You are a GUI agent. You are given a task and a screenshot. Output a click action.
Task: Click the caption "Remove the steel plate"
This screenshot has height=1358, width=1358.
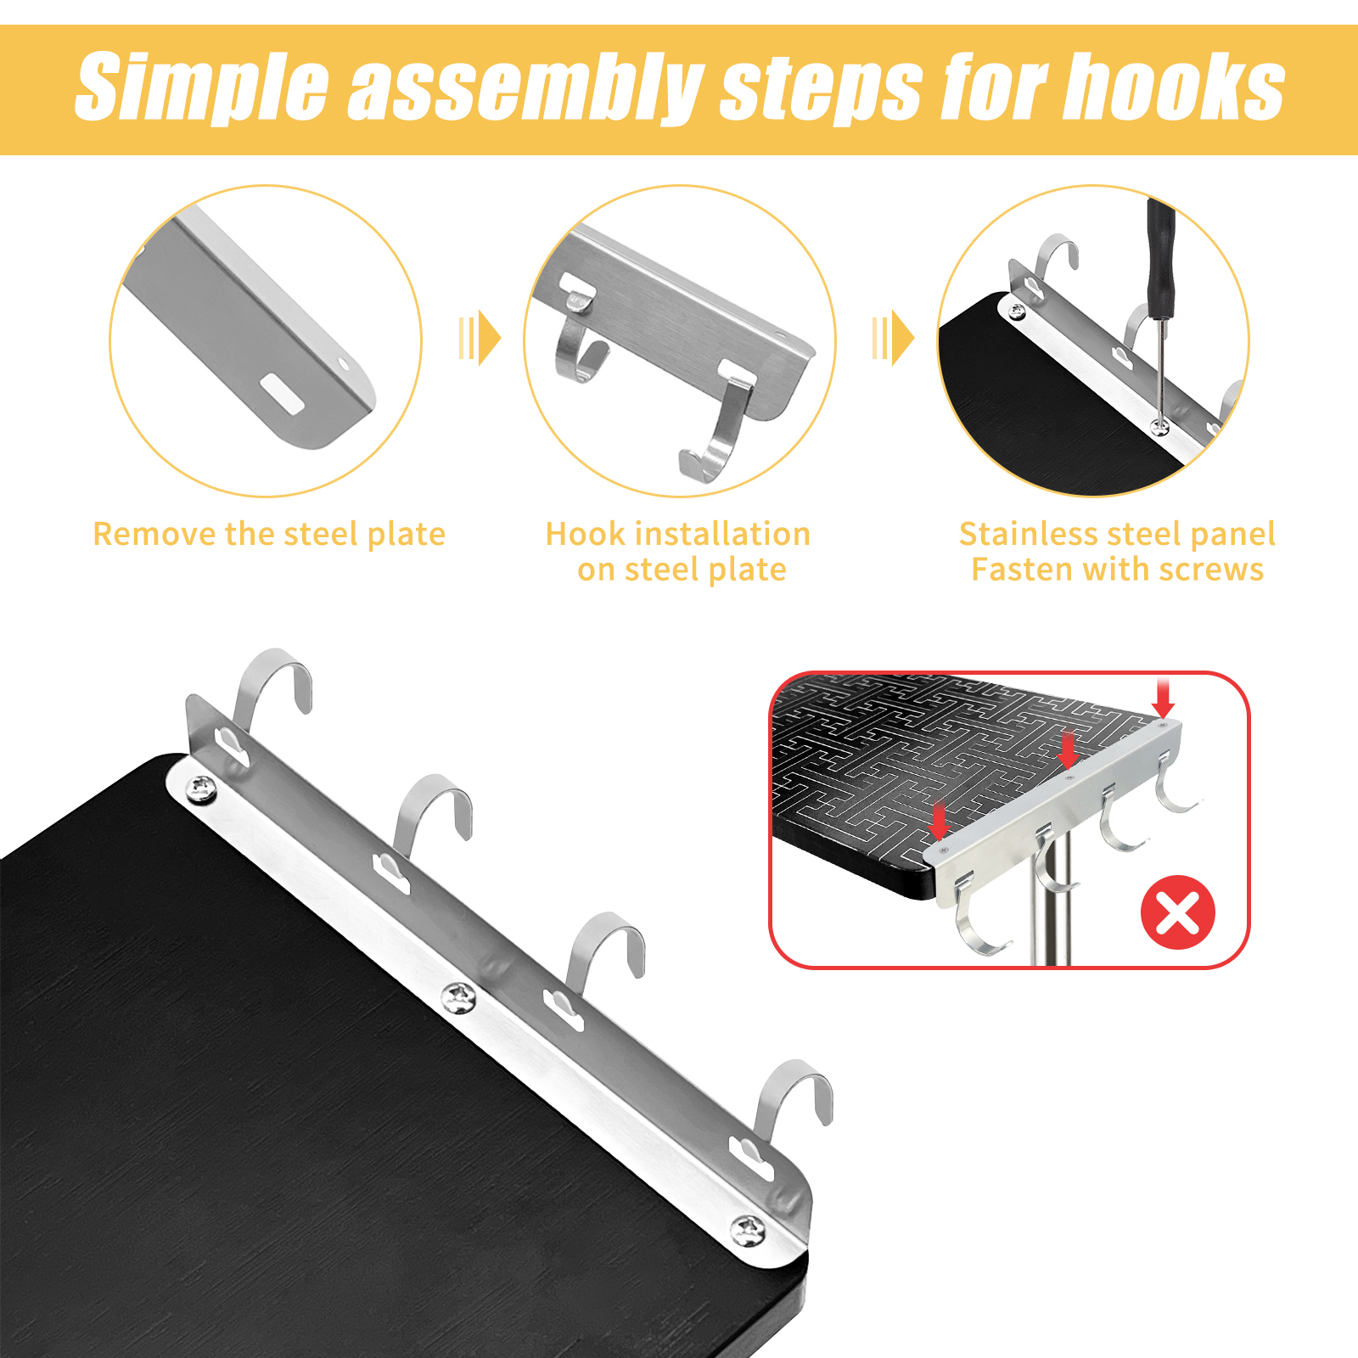[269, 535]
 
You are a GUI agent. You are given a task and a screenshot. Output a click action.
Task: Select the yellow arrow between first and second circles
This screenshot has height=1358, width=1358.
[480, 338]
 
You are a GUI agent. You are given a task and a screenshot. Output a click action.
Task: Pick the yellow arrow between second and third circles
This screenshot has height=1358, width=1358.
[893, 338]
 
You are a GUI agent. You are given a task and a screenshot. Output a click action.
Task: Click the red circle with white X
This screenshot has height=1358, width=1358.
[1177, 912]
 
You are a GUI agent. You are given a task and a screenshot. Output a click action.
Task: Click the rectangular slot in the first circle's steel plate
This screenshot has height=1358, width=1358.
[282, 394]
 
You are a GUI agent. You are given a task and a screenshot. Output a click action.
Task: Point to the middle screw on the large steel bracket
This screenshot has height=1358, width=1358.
[459, 997]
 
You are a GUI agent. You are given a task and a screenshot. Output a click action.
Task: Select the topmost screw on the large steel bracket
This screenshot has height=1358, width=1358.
[202, 789]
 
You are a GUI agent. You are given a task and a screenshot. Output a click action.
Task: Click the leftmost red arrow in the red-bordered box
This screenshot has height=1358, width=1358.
[938, 820]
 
